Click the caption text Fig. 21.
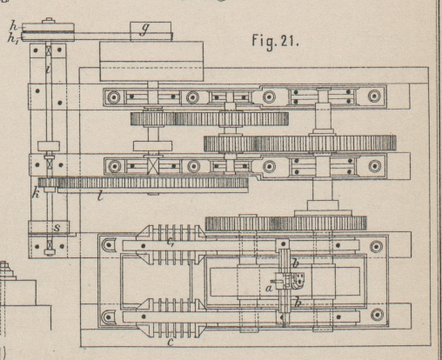(275, 41)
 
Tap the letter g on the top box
(144, 29)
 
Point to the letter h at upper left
(14, 25)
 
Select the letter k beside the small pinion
(36, 193)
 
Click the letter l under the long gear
(100, 197)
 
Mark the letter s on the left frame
(57, 228)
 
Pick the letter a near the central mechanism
(269, 288)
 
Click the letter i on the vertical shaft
(49, 69)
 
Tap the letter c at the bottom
(171, 343)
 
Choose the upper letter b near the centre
(295, 263)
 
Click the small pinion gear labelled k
(48, 183)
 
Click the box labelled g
(151, 31)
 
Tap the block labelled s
(49, 227)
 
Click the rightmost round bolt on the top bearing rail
(374, 96)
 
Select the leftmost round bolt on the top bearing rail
(113, 97)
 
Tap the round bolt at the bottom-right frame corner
(377, 315)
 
